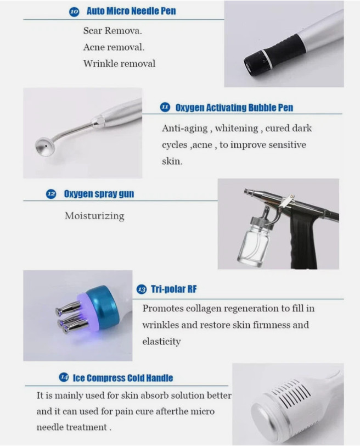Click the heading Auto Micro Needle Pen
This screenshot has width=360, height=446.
pyautogui.click(x=131, y=11)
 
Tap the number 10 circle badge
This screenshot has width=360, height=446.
pyautogui.click(x=74, y=12)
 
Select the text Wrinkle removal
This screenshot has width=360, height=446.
pyautogui.click(x=119, y=63)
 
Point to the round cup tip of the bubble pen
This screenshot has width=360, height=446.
pyautogui.click(x=44, y=147)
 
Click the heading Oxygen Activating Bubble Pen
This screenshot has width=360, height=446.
pyautogui.click(x=234, y=108)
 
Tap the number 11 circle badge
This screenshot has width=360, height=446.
pyautogui.click(x=165, y=108)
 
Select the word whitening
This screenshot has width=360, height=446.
pyautogui.click(x=237, y=129)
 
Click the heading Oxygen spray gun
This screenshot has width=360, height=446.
pyautogui.click(x=99, y=194)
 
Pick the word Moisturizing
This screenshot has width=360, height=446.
pyautogui.click(x=94, y=216)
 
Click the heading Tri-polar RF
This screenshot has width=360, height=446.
pyautogui.click(x=173, y=289)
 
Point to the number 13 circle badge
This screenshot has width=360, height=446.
pyautogui.click(x=142, y=289)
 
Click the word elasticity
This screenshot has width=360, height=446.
pyautogui.click(x=161, y=341)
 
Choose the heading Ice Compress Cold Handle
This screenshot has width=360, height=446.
pyautogui.click(x=123, y=378)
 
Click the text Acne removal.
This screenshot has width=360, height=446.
pyautogui.click(x=114, y=47)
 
